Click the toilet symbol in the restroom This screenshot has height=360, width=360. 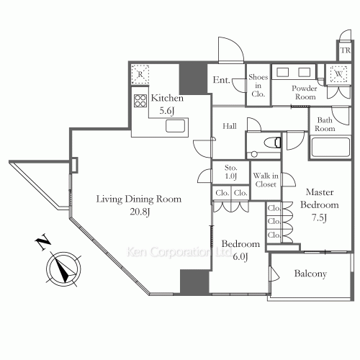(273, 143)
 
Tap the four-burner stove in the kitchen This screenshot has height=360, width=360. (140, 101)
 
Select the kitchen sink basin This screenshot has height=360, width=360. (176, 126)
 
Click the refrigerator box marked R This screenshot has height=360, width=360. (140, 74)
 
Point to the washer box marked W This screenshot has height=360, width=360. (338, 73)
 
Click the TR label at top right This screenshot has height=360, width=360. (346, 50)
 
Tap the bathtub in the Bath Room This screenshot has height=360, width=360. (330, 147)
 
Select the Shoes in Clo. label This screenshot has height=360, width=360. (258, 86)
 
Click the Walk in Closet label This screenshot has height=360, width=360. (266, 180)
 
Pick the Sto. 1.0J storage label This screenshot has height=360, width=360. (231, 172)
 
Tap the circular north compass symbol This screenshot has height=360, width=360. (63, 269)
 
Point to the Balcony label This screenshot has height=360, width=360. (310, 274)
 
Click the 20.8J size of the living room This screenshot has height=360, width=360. (140, 212)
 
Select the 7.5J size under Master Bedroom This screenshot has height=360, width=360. (319, 218)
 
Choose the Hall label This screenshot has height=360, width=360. (230, 126)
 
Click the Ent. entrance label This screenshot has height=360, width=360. (222, 80)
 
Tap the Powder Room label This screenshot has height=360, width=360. (305, 93)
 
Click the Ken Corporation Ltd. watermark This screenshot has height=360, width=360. (179, 252)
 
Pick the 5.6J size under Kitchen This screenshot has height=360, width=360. (166, 111)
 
